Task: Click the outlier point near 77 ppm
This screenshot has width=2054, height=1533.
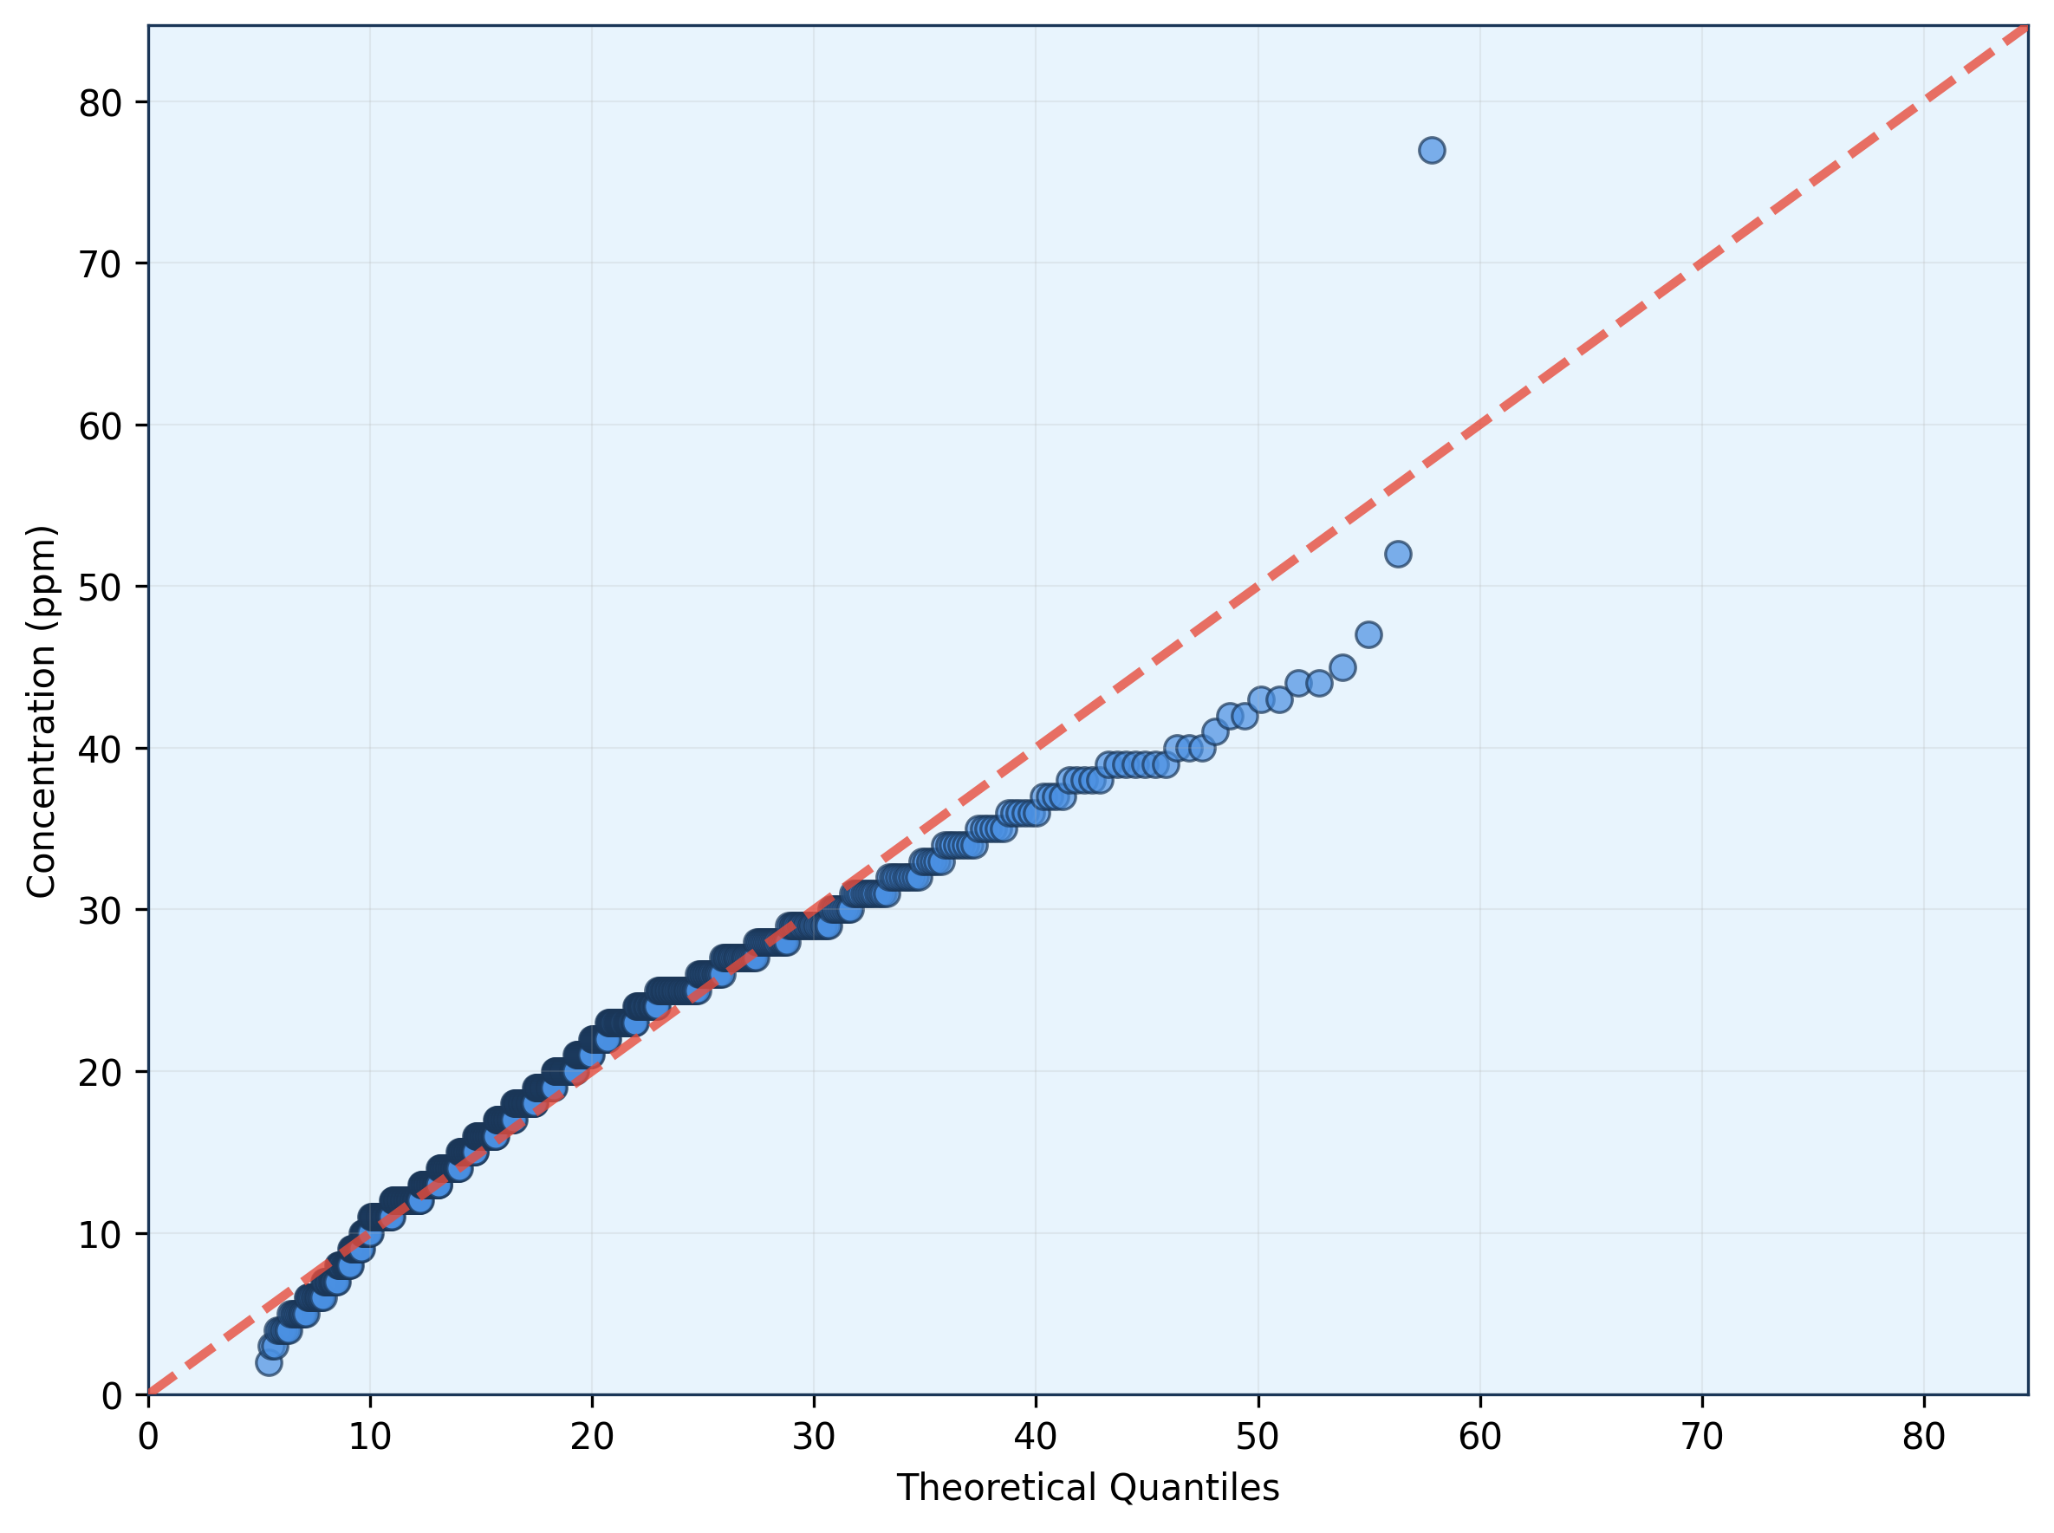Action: point(1431,150)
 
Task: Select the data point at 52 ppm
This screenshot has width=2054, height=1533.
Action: point(1398,554)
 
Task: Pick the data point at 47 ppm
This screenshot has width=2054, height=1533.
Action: point(1368,634)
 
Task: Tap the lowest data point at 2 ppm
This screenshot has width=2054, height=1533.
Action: point(270,1362)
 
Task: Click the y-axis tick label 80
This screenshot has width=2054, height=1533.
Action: point(100,103)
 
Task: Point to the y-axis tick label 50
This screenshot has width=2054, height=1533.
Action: point(100,588)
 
